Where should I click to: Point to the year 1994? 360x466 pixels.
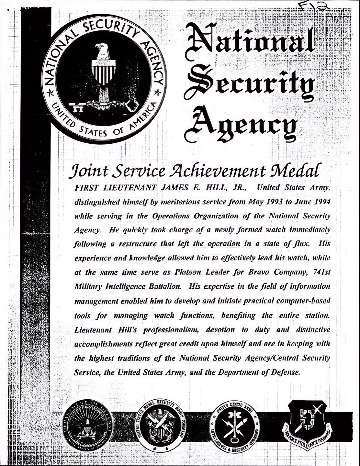[319, 201]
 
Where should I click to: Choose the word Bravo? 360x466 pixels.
[259, 272]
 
